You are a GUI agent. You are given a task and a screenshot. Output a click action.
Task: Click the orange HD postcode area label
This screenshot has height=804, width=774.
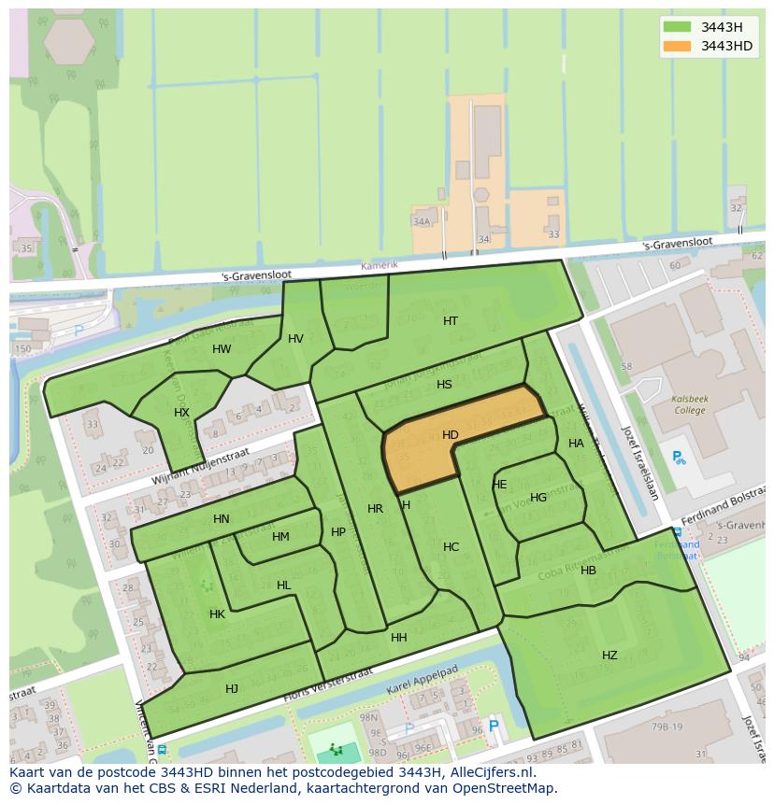450,435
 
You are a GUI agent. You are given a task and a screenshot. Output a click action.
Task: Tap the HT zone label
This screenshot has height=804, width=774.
451,321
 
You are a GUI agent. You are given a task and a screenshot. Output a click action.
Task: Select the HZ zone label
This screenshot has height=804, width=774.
609,656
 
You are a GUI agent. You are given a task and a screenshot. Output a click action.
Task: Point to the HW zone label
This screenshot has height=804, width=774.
222,349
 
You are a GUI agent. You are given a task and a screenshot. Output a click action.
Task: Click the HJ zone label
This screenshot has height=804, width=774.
232,689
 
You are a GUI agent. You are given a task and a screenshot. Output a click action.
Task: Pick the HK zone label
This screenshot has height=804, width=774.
217,614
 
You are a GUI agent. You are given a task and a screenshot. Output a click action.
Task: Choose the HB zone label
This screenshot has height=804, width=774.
588,571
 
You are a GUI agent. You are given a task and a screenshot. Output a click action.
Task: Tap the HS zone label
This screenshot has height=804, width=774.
444,385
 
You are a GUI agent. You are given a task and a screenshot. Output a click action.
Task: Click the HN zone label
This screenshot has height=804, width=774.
221,519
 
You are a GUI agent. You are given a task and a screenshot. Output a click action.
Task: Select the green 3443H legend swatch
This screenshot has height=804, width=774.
677,27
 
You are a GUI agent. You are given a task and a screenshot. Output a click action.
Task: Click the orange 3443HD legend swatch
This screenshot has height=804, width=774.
677,46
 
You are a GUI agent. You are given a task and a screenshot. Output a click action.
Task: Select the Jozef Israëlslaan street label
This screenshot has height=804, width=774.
640,462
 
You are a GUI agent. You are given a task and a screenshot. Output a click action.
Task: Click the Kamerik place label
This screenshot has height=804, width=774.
380,266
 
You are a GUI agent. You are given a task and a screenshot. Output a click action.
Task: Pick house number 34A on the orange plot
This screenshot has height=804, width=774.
422,221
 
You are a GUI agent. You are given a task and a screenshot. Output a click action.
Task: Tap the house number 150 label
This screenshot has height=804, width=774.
22,349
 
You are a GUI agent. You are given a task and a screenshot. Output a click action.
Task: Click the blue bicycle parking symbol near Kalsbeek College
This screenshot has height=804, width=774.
679,458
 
